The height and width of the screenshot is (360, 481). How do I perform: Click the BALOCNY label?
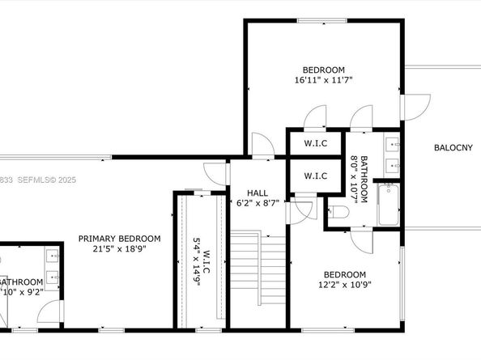coord(453,147)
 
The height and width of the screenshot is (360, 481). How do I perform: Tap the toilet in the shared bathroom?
coord(338,213)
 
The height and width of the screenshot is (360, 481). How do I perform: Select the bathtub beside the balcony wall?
coord(389,206)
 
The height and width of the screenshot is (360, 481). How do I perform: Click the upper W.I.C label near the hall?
coord(315,144)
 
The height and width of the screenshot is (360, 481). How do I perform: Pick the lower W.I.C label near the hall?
coord(315,176)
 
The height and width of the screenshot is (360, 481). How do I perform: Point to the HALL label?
coord(257,193)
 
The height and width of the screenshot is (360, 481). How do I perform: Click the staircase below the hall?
coord(258,279)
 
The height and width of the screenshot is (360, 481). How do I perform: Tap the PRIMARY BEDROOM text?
coord(119,239)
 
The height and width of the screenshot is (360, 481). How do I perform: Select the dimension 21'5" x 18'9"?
coord(119,249)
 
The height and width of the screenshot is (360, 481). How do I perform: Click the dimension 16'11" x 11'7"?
coord(324,80)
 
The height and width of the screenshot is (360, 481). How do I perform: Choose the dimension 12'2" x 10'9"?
coord(345,285)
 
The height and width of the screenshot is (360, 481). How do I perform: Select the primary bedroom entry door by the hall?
coord(213,172)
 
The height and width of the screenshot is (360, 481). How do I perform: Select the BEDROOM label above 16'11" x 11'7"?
coord(324,70)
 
